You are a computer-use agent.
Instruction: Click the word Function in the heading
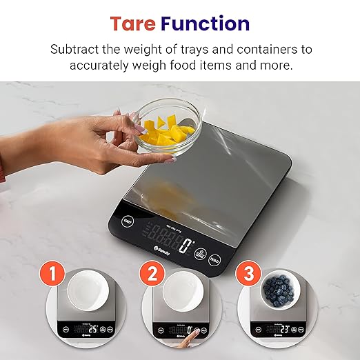point(205,23)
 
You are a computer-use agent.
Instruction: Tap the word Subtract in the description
point(78,50)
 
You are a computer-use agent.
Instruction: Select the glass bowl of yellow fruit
point(168,126)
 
